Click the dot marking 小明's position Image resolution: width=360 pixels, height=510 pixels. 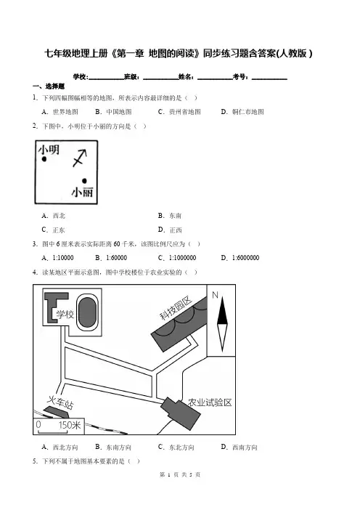pyautogui.click(x=44, y=158)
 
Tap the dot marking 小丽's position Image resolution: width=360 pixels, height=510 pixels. pyautogui.click(x=84, y=180)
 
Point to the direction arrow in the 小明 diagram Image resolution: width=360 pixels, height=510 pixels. pyautogui.click(x=80, y=158)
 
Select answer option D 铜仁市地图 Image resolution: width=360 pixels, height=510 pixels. pyautogui.click(x=242, y=112)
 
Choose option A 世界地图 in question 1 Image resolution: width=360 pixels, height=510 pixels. pyautogui.click(x=60, y=112)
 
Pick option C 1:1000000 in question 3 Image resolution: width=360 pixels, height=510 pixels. pyautogui.click(x=177, y=258)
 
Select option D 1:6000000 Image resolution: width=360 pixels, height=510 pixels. pyautogui.click(x=240, y=258)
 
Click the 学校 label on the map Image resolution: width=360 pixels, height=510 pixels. pyautogui.click(x=65, y=314)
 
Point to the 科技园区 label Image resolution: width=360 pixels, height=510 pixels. pyautogui.click(x=176, y=308)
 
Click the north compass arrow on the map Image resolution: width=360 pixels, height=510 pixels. pyautogui.click(x=222, y=324)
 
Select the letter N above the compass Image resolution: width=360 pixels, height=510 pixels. pyautogui.click(x=215, y=295)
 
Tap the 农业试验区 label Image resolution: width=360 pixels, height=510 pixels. pyautogui.click(x=210, y=402)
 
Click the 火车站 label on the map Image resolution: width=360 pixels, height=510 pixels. pyautogui.click(x=60, y=402)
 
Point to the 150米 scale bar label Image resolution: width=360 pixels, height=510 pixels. pyautogui.click(x=70, y=425)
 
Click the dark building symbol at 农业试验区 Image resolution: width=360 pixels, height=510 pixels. pyautogui.click(x=180, y=411)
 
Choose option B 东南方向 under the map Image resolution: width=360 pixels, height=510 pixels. pyautogui.click(x=113, y=448)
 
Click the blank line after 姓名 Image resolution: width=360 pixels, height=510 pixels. pyautogui.click(x=215, y=78)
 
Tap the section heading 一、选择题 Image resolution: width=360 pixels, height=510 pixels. pyautogui.click(x=49, y=86)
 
